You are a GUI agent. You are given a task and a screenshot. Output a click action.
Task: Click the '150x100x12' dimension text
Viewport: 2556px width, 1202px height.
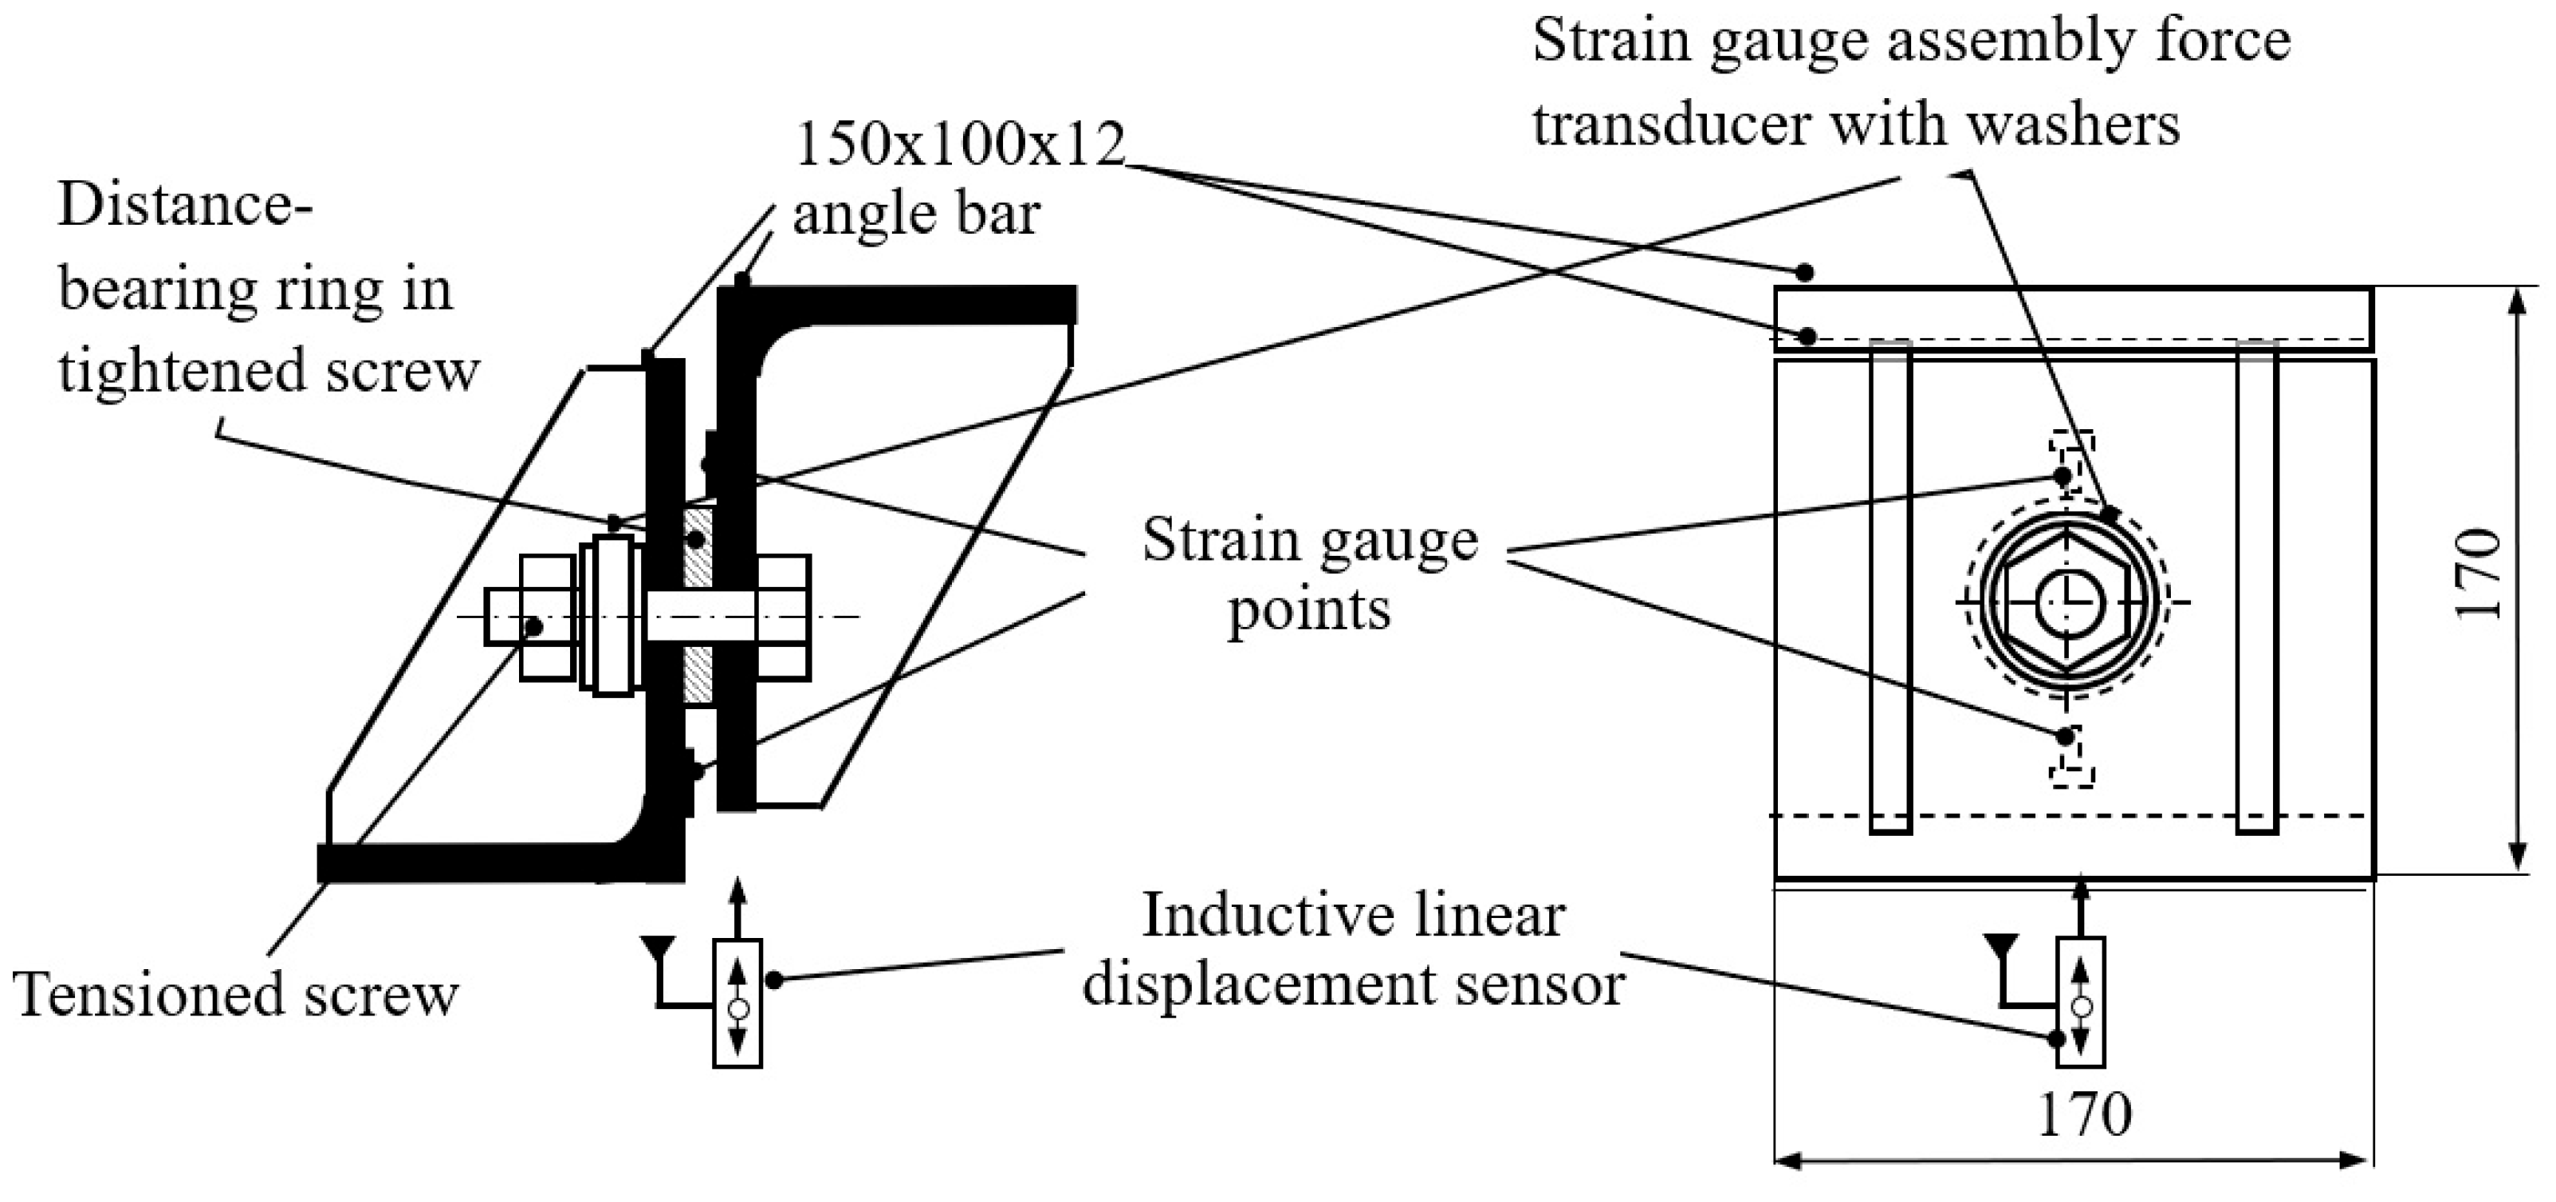959,145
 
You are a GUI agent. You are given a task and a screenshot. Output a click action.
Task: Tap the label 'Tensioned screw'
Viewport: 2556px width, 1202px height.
236,995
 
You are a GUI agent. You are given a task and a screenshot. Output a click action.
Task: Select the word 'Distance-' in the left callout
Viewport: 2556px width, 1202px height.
186,206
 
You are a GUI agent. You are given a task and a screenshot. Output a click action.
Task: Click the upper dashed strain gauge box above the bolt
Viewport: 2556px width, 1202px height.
2072,455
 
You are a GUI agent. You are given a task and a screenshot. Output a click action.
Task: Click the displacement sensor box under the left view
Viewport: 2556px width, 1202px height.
737,1003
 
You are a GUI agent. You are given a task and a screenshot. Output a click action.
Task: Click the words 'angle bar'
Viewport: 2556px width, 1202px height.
914,215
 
